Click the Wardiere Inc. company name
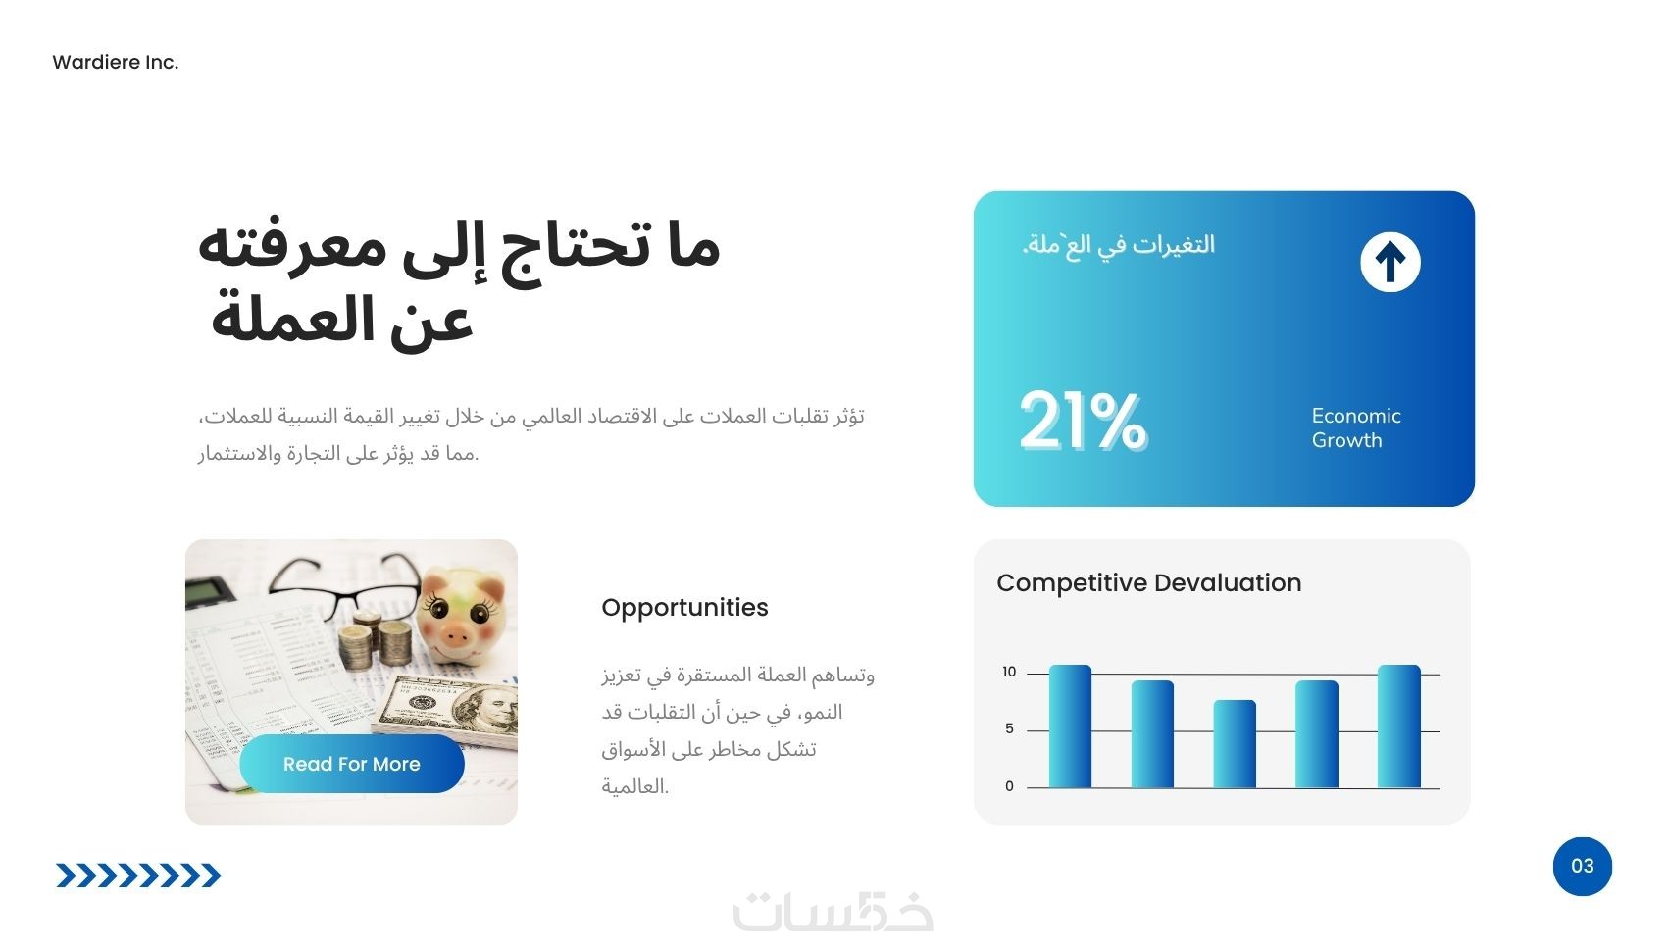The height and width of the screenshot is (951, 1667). pos(116,63)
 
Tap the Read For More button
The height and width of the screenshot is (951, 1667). pos(352,764)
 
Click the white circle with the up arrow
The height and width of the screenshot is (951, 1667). pos(1390,263)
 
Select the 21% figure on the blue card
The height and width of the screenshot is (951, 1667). pos(1083,422)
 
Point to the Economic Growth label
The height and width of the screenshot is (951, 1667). pos(1356,427)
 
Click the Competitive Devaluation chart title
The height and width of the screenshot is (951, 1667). pos(1149,582)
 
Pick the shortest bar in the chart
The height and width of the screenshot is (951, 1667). pos(1235,743)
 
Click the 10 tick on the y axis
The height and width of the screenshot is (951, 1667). pos(1009,672)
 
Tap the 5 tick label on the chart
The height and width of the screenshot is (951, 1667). pos(1009,728)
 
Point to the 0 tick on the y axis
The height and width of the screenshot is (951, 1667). pos(1009,786)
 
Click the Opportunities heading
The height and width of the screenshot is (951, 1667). pos(684,608)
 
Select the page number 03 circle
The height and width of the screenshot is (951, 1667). pos(1582,866)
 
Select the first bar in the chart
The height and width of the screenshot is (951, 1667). pos(1070,726)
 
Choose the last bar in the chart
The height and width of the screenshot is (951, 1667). pos(1399,726)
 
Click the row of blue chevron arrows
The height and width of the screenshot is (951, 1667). pos(138,876)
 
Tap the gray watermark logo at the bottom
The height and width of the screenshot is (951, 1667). pos(833,911)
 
